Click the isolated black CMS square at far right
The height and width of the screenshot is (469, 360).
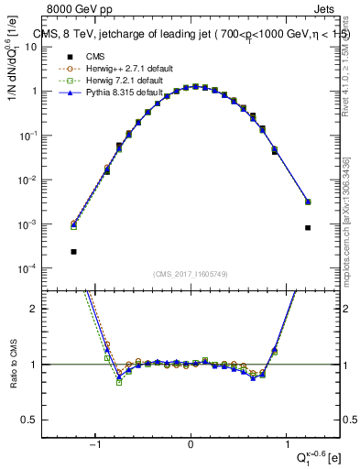pyautogui.click(x=308, y=228)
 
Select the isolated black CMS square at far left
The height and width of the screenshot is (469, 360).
pyautogui.click(x=73, y=251)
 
